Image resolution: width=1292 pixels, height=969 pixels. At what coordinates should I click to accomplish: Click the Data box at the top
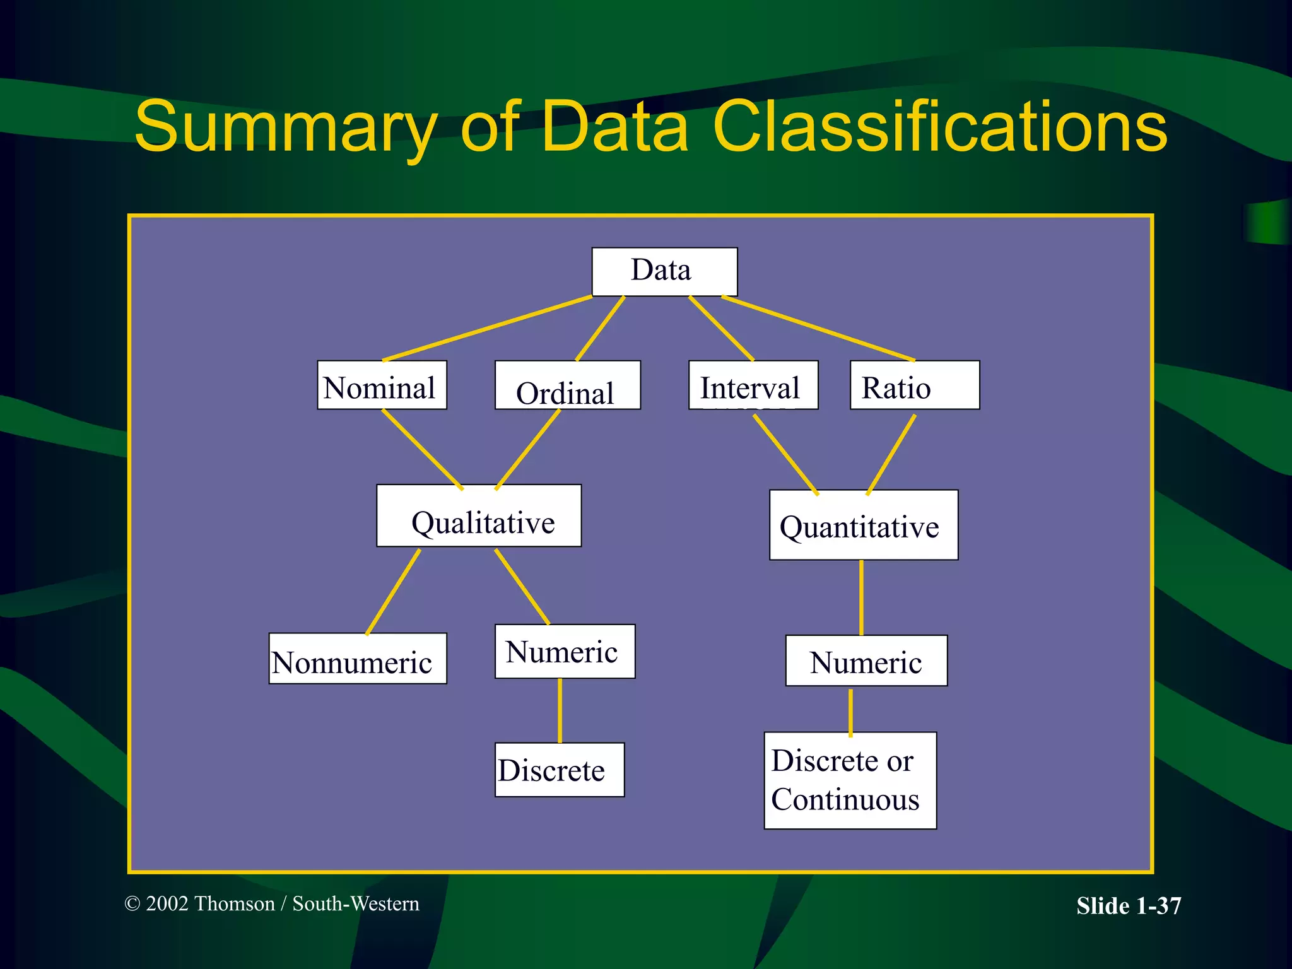pos(664,271)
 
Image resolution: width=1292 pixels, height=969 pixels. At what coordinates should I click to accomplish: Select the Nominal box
pos(382,385)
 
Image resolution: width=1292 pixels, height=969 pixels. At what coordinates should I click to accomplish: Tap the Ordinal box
pos(567,385)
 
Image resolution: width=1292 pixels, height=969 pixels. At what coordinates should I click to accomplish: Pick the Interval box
pos(753,385)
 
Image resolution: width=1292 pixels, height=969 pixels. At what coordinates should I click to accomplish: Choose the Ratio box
pos(914,385)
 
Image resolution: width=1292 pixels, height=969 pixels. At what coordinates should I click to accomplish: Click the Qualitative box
pos(479,515)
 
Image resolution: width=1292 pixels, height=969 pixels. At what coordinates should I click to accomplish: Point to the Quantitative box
pos(863,525)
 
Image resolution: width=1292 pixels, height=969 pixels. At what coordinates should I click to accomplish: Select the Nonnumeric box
pos(358,659)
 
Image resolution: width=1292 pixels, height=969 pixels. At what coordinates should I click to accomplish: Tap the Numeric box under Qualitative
pos(565,652)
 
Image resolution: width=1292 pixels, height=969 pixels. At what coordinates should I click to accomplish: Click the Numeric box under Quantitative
pos(866,661)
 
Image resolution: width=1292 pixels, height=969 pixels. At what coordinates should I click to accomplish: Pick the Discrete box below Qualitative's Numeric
pos(560,770)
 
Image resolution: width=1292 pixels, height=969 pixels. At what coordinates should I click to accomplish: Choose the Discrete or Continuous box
pos(850,780)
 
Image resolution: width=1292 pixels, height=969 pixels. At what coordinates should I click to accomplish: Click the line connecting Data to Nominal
pos(487,328)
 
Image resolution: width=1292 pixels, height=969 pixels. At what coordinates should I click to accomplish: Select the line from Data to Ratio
pos(818,328)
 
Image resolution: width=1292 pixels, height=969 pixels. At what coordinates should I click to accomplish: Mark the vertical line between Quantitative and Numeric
pos(861,597)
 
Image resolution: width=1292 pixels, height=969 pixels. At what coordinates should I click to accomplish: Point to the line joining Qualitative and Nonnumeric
pos(393,592)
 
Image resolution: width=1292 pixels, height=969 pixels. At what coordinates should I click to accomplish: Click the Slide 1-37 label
pos(1128,906)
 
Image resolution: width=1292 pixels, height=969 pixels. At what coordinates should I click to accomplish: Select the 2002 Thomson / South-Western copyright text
pos(272,903)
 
